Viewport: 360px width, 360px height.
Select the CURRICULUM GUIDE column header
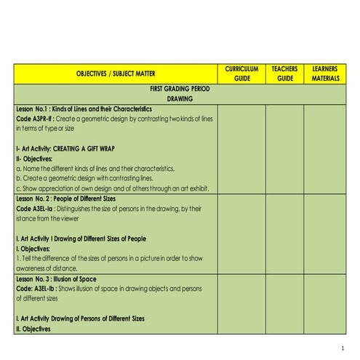pos(241,73)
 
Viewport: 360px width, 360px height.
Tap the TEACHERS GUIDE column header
pos(284,73)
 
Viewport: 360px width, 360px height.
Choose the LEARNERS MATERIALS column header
pos(325,73)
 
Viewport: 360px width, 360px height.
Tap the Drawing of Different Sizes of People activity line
pos(91,239)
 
